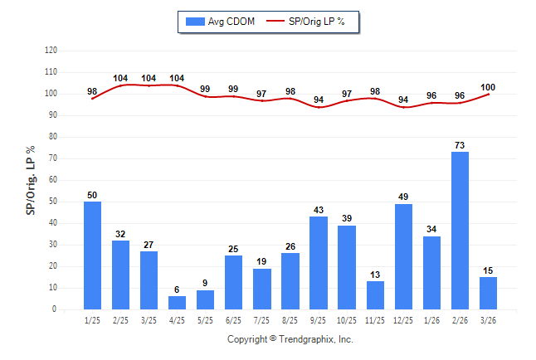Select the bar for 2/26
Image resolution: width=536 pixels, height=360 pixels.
[x=460, y=231]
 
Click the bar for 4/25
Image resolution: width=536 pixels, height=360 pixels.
[x=177, y=303]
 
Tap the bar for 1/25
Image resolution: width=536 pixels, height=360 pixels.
[x=92, y=255]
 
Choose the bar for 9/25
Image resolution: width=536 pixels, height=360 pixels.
[x=319, y=263]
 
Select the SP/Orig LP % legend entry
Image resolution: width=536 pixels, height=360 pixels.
[x=313, y=21]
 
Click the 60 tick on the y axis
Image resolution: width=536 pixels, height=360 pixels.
[x=52, y=180]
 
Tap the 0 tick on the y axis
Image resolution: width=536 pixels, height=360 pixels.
[x=54, y=309]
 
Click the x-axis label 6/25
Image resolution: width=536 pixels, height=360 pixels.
[x=233, y=319]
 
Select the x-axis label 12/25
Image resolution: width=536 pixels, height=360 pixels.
[x=403, y=319]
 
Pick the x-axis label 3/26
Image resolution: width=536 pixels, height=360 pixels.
[x=488, y=319]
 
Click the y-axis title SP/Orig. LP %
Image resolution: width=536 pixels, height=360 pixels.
[x=31, y=180]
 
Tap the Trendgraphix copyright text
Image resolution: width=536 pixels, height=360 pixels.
[x=290, y=339]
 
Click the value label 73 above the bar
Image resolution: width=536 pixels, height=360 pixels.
[x=460, y=145]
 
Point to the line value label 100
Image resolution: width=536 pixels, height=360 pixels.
[x=488, y=87]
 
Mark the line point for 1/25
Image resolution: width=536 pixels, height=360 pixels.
[x=92, y=99]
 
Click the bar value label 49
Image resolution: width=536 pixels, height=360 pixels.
[x=403, y=197]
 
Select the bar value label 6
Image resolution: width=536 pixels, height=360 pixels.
[x=177, y=289]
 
